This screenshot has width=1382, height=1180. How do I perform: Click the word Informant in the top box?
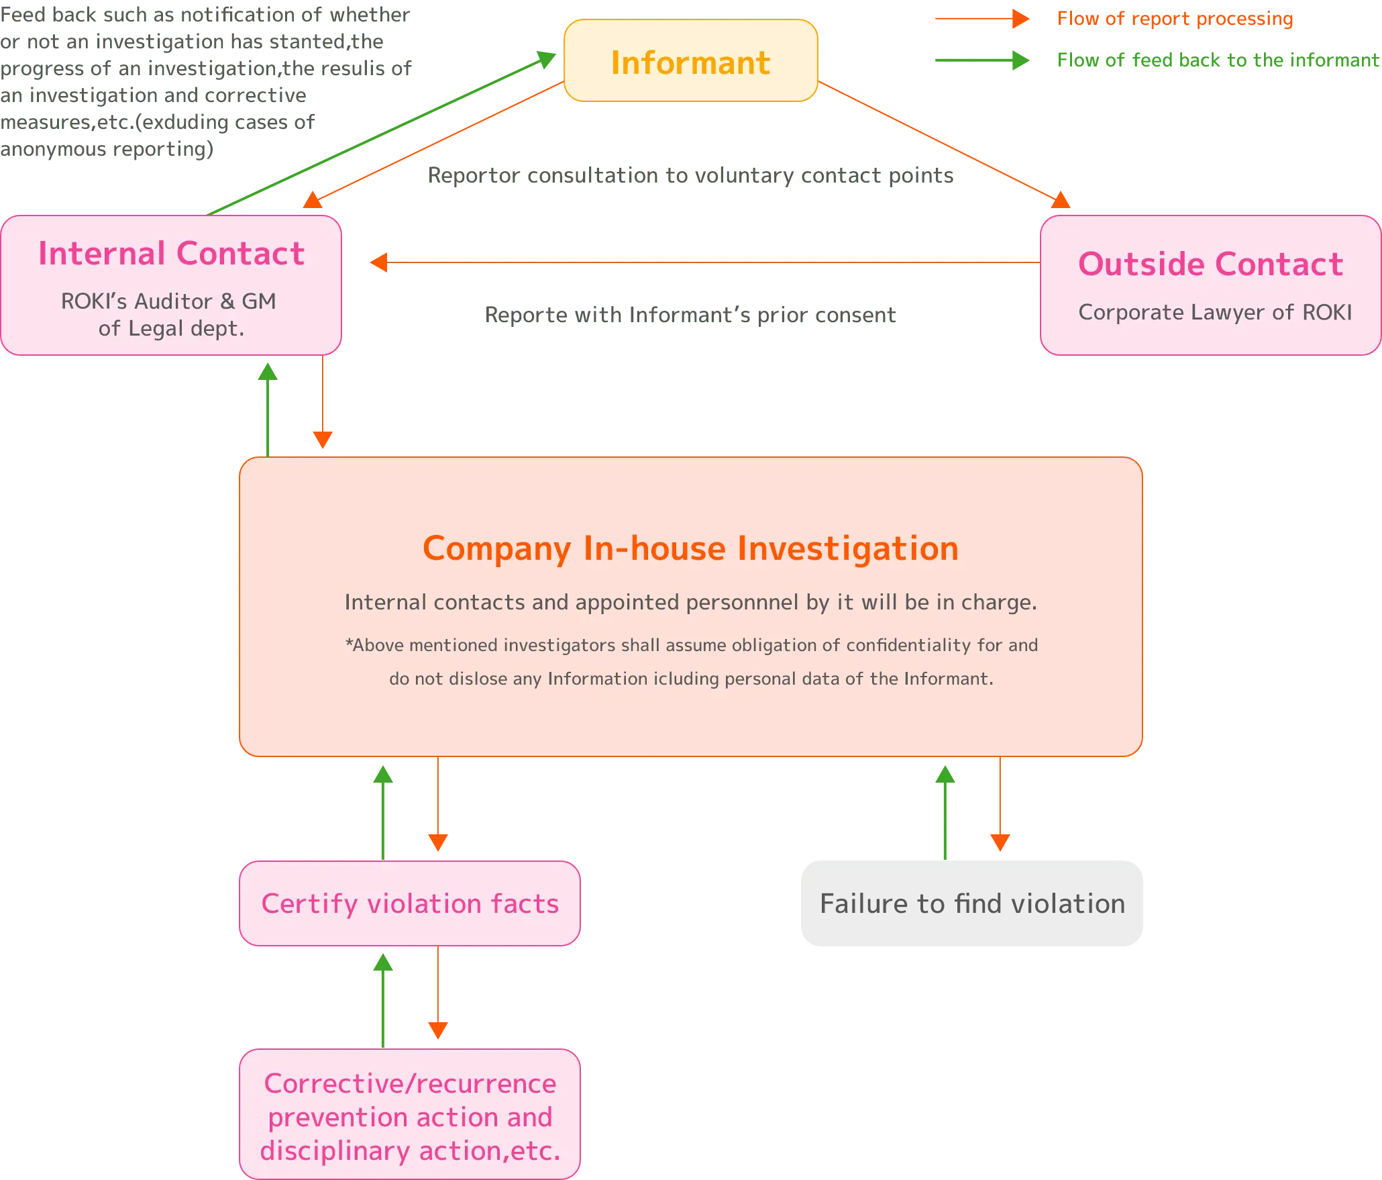tap(690, 63)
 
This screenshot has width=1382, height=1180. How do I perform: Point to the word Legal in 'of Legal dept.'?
tap(156, 328)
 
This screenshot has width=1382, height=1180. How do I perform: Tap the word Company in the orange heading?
tap(496, 548)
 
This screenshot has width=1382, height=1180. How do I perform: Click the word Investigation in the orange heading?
tap(848, 548)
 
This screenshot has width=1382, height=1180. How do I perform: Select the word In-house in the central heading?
tap(654, 548)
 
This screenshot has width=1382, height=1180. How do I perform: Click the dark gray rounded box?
tap(971, 903)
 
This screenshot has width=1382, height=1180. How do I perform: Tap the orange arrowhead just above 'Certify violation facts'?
tap(437, 846)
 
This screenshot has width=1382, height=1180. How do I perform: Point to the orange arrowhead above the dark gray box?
tap(1000, 846)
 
